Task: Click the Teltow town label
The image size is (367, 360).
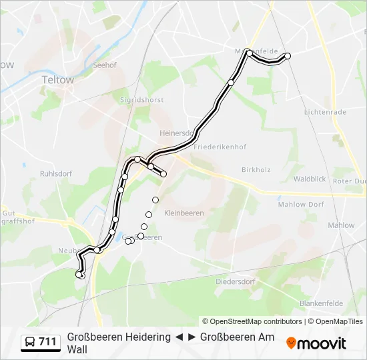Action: [57, 79]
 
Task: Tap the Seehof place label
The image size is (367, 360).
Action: [105, 65]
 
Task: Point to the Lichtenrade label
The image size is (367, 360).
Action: [325, 112]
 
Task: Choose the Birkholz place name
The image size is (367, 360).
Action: [256, 169]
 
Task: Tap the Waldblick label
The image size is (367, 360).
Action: [310, 179]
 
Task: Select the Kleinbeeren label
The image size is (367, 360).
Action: [183, 213]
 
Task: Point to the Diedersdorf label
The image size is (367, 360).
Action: [236, 281]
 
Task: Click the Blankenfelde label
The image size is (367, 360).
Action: [322, 303]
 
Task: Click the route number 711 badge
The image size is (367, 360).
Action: [47, 342]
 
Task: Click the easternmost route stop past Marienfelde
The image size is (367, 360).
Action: [288, 57]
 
